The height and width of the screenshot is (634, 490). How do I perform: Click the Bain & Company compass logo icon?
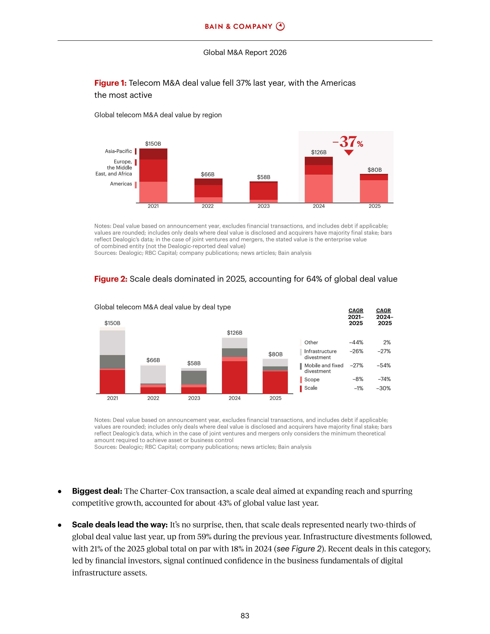pyautogui.click(x=280, y=27)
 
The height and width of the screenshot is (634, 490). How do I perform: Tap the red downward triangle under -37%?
pyautogui.click(x=349, y=152)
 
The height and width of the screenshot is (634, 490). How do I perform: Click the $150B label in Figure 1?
pyautogui.click(x=153, y=144)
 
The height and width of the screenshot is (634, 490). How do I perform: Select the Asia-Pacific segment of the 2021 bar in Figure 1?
pyautogui.click(x=153, y=154)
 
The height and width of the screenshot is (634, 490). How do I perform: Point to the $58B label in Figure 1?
pyautogui.click(x=264, y=177)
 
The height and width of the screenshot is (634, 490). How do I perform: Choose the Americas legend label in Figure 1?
pyautogui.click(x=121, y=184)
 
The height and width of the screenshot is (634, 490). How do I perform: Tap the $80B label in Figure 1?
pyautogui.click(x=375, y=170)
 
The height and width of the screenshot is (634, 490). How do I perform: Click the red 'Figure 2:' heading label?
pyautogui.click(x=111, y=279)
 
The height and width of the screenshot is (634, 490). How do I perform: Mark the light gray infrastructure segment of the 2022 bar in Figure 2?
pyautogui.click(x=153, y=374)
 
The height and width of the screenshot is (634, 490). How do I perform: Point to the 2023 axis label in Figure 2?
pyautogui.click(x=194, y=398)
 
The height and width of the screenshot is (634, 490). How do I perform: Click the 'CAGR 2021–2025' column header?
pyautogui.click(x=356, y=317)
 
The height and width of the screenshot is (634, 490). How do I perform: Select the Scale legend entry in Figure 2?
pyautogui.click(x=311, y=388)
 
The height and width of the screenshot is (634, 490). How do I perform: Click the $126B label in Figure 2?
pyautogui.click(x=235, y=333)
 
